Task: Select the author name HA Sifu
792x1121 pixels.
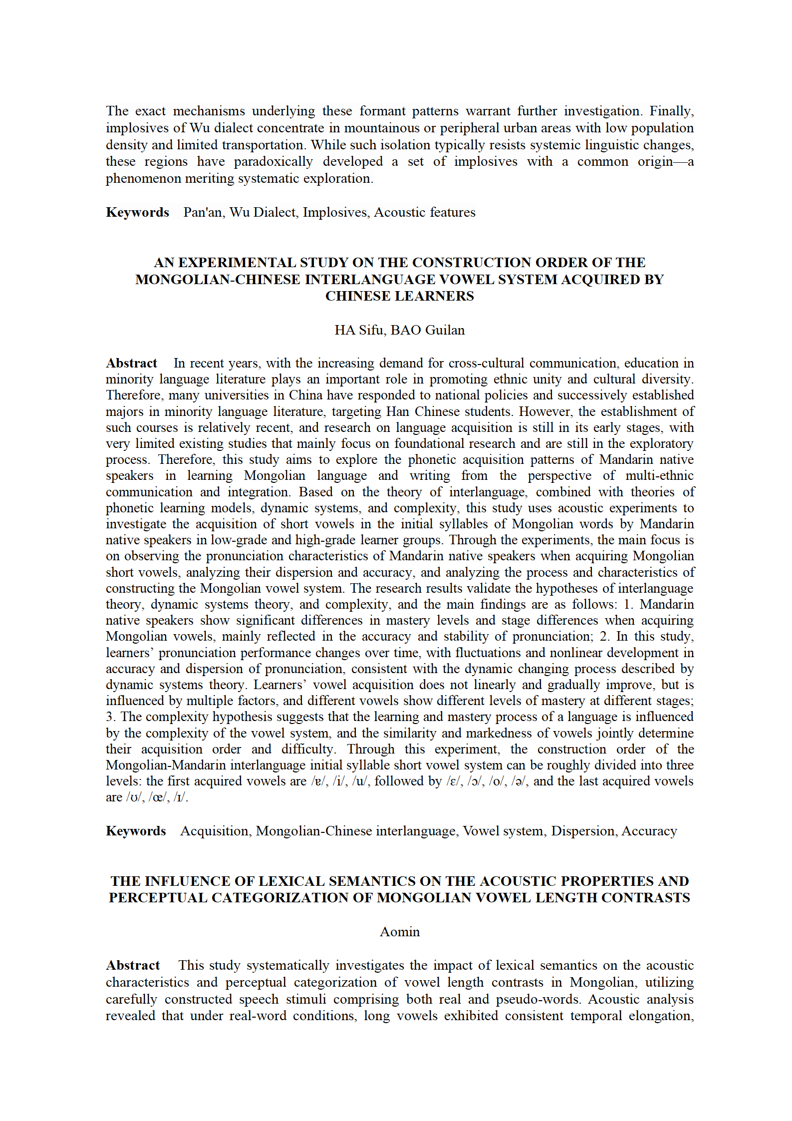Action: pos(359,330)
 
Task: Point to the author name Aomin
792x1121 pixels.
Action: pos(400,932)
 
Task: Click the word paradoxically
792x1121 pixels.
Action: pos(273,162)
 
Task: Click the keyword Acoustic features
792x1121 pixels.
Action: pos(425,212)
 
